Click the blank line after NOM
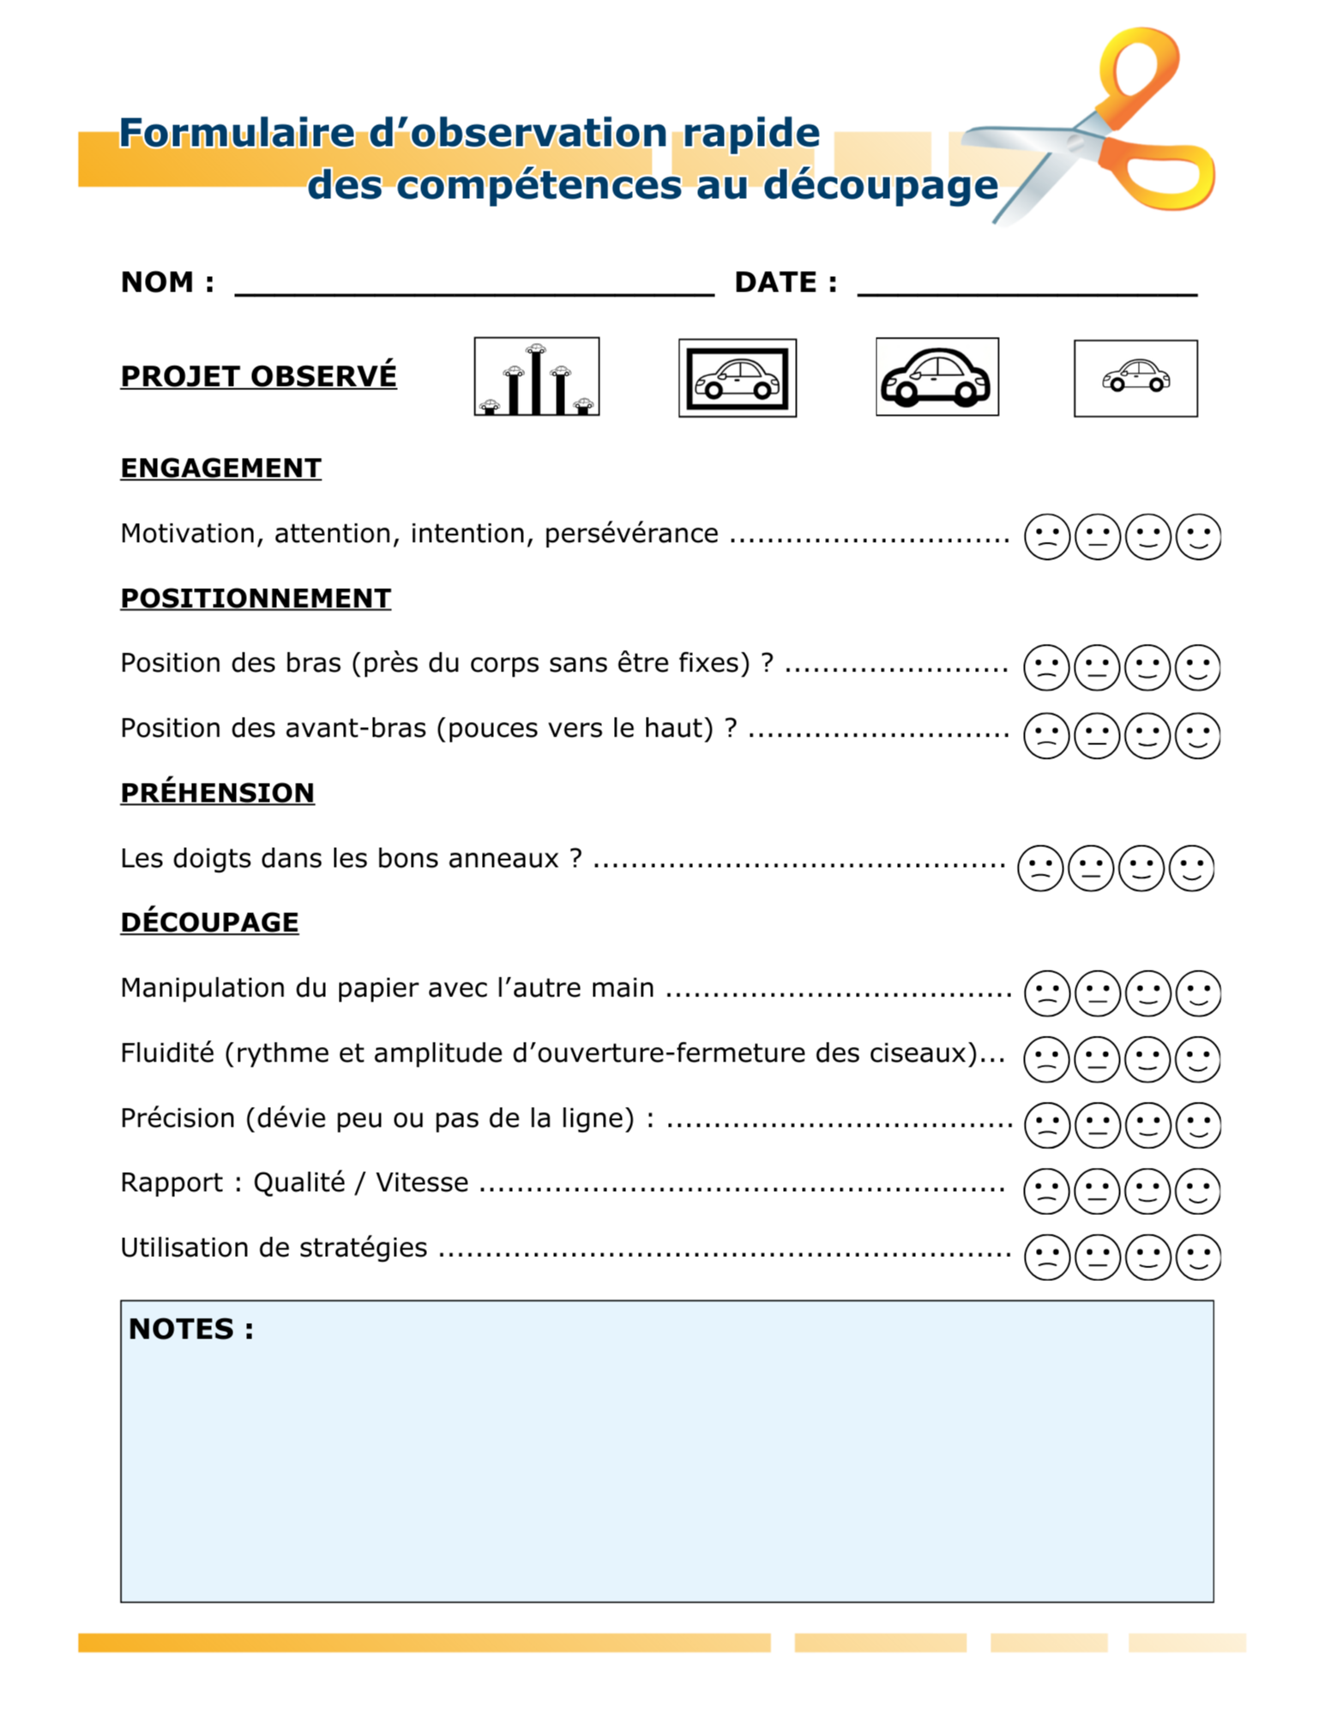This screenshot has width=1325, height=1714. (x=473, y=287)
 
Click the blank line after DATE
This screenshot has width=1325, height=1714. (x=1027, y=287)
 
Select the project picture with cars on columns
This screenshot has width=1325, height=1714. (x=536, y=376)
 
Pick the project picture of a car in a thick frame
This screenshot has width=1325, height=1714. (x=737, y=378)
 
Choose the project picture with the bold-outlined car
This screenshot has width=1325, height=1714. (x=937, y=376)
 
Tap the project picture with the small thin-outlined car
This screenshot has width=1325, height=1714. (x=1135, y=378)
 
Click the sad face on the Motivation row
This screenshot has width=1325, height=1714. (x=1046, y=537)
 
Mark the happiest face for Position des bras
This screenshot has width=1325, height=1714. (x=1197, y=667)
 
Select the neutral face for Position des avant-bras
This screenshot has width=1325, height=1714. (x=1097, y=736)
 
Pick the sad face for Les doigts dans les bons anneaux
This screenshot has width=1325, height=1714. (x=1039, y=868)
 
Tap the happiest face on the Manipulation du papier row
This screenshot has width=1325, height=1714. (x=1198, y=993)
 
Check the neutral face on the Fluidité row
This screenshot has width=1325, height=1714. (x=1097, y=1059)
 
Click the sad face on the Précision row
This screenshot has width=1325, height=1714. (x=1046, y=1124)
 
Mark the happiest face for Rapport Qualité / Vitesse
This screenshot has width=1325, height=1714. (x=1197, y=1191)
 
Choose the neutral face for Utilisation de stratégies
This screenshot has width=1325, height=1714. (x=1097, y=1257)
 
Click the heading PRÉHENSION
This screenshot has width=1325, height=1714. (x=217, y=793)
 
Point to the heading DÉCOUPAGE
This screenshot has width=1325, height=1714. (x=209, y=923)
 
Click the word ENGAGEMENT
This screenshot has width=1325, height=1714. (x=220, y=468)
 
